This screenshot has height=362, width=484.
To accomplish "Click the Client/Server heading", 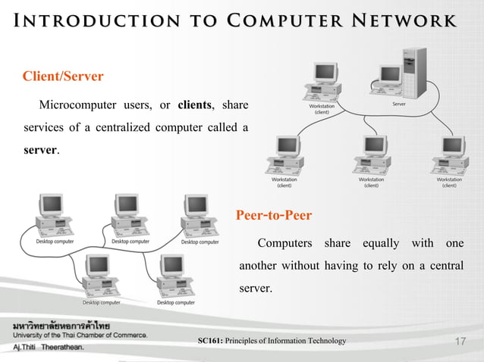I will [63, 76].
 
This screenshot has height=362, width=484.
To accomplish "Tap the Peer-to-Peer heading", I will [274, 216].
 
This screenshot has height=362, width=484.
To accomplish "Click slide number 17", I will [458, 342].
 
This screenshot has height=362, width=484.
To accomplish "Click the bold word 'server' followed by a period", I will [40, 149].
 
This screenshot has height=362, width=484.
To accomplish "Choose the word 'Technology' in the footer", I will [325, 342].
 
